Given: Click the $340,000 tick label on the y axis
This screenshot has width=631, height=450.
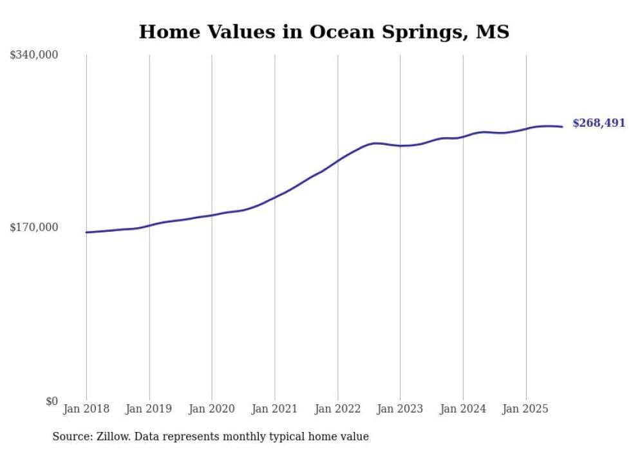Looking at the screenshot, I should coord(34,55).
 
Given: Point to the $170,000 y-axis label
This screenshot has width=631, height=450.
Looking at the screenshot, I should coord(34,227).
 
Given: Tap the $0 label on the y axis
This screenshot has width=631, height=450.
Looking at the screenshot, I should coord(52,401).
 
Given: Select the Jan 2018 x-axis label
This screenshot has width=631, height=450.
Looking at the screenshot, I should coord(86,409).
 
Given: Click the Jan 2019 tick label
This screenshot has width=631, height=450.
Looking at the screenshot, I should coord(149,409).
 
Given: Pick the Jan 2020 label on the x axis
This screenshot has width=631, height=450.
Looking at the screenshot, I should coord(212,409).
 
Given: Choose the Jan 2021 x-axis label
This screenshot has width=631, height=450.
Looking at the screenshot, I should coord(275,409).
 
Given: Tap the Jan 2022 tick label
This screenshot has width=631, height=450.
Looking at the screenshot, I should coord(337,409).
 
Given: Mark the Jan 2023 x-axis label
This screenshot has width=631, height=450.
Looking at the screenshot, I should coord(400,409).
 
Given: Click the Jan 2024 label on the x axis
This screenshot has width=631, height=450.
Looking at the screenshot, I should coord(463,409).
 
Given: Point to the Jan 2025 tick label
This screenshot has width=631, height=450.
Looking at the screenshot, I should coord(525,409).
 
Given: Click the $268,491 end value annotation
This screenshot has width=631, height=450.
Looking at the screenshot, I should coord(599,123).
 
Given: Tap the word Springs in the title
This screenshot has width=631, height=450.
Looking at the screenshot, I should coord(425,33).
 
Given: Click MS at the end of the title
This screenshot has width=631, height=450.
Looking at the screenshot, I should coord(493,32).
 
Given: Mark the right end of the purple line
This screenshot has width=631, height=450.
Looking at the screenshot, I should coord(562,126).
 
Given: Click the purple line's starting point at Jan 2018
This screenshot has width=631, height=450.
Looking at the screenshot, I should coord(86,232).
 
